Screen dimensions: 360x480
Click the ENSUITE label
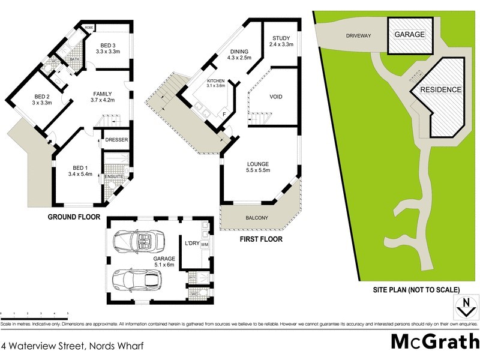tap(114, 176)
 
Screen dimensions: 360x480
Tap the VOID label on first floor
tap(276, 97)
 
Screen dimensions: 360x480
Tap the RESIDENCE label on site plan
tap(440, 90)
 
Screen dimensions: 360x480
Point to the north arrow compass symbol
tap(464, 307)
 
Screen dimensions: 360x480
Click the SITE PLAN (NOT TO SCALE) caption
tap(414, 289)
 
